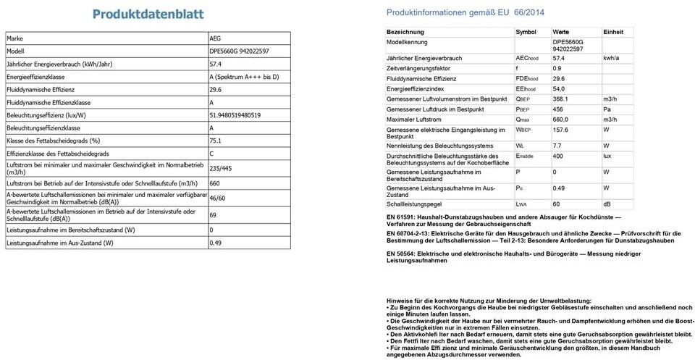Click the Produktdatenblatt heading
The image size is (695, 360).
pos(148,14)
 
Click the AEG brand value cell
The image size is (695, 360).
pos(215,38)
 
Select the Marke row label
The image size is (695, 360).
pos(15,38)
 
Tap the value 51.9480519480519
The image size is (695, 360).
pos(235,115)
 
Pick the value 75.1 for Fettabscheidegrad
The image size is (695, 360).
pos(215,141)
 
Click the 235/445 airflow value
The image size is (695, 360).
pos(221,169)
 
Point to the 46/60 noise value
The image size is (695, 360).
pos(217,198)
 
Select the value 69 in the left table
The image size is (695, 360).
pos(213,215)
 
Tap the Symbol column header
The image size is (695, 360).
pos(526,33)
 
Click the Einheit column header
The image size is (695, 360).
pos(612,33)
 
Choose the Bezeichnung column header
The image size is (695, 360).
pos(405,33)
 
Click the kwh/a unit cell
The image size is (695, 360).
pos(611,58)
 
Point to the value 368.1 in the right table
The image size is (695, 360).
pos(560,99)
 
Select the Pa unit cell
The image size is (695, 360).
pos(607,109)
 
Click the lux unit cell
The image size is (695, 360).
pos(608,156)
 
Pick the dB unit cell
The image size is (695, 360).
pos(607,205)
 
